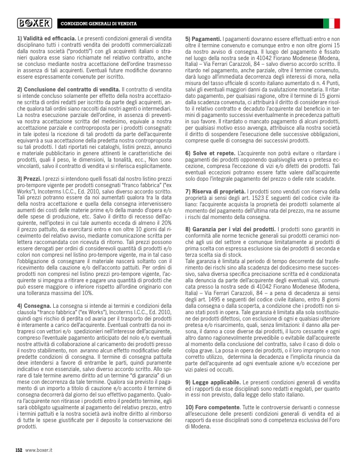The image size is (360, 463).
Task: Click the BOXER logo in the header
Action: tap(35, 23)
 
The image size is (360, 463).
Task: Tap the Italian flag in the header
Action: tap(331, 23)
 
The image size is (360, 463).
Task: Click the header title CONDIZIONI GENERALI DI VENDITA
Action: tap(98, 24)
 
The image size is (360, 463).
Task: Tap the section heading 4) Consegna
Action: tap(35, 306)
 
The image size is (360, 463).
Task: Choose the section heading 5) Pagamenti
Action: tap(204, 39)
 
